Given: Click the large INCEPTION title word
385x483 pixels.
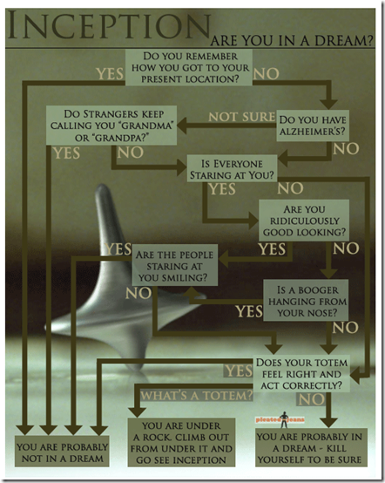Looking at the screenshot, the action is [109, 25].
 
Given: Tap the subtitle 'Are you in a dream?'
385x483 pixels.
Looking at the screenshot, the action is [292, 41].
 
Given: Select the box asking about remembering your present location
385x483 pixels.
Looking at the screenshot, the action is [189, 67].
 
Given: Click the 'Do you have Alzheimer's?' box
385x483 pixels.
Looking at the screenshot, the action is [313, 126].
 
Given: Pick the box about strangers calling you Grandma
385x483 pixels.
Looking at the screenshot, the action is [111, 126].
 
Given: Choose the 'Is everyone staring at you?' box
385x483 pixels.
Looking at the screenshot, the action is [232, 169].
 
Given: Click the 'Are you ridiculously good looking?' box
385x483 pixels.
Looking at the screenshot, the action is [304, 221].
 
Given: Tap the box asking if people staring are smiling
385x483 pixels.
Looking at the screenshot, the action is [175, 265].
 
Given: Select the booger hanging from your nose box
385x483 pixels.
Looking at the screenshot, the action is [306, 300].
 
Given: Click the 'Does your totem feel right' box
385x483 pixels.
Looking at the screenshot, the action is [301, 374].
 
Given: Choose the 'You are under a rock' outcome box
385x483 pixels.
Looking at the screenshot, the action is [181, 442].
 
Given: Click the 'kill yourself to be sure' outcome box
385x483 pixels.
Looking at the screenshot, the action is [312, 447].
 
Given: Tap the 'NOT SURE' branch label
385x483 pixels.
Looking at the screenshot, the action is [242, 117].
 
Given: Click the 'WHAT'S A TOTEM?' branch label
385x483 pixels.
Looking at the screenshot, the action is [197, 395].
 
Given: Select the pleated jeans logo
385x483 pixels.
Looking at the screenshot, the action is [280, 419].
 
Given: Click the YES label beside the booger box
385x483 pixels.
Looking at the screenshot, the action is [249, 311].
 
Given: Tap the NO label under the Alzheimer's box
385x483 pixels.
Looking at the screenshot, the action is [346, 149].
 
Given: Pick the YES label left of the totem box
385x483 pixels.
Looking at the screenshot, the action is [239, 371].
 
